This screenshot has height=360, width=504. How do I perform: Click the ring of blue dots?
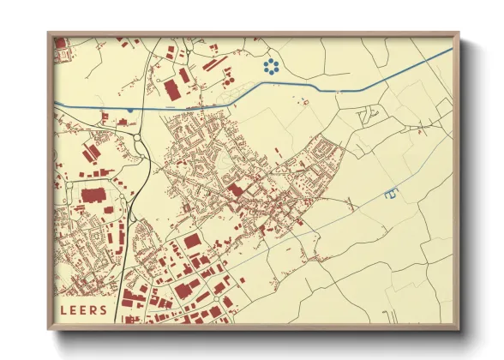click(273, 68)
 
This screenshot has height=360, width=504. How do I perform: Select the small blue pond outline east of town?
click(392, 194)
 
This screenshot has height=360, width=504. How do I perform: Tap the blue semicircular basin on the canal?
click(129, 110)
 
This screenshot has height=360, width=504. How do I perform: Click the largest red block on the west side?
click(93, 196)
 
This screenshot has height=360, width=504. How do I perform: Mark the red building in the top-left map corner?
click(60, 42)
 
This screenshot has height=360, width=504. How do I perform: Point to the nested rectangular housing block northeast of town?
click(325, 153)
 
